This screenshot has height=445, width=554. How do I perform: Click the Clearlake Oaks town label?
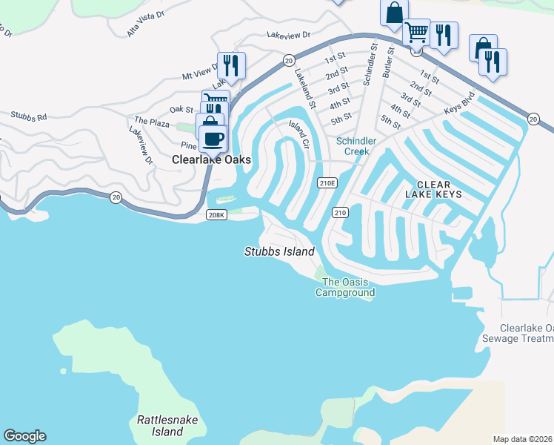[211, 159]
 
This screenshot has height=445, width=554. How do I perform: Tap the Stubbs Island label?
[279, 251]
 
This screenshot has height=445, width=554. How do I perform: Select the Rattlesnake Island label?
[168, 426]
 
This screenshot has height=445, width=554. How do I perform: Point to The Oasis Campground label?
[345, 287]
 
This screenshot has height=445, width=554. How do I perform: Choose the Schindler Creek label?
[356, 146]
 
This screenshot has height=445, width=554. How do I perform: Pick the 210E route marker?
[327, 182]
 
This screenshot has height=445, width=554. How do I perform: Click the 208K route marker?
[216, 215]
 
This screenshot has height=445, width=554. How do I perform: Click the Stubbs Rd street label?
[28, 116]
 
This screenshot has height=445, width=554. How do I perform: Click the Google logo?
[24, 436]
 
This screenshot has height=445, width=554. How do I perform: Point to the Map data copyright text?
[523, 439]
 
